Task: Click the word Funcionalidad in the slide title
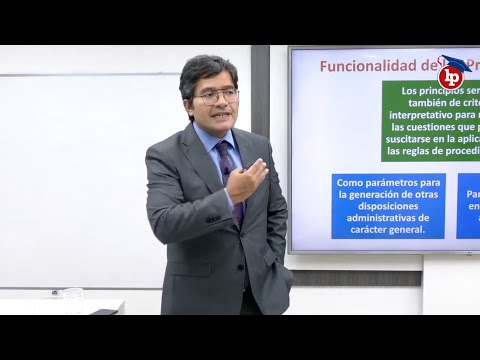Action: tap(360, 66)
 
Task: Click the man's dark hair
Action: tap(208, 70)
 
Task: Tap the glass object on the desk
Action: tap(73, 297)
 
